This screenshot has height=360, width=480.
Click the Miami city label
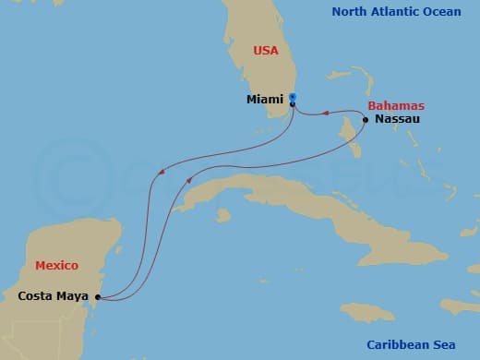(265, 99)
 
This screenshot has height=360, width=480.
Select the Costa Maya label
(54, 296)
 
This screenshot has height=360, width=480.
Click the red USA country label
(266, 51)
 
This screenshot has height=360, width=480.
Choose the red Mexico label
(55, 266)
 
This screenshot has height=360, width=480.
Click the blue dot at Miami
(292, 96)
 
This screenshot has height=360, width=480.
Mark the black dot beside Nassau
(366, 120)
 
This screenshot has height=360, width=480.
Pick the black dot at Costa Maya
(96, 297)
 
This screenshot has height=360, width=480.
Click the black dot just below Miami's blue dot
(293, 104)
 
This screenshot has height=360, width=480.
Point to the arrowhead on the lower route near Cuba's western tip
(189, 182)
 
